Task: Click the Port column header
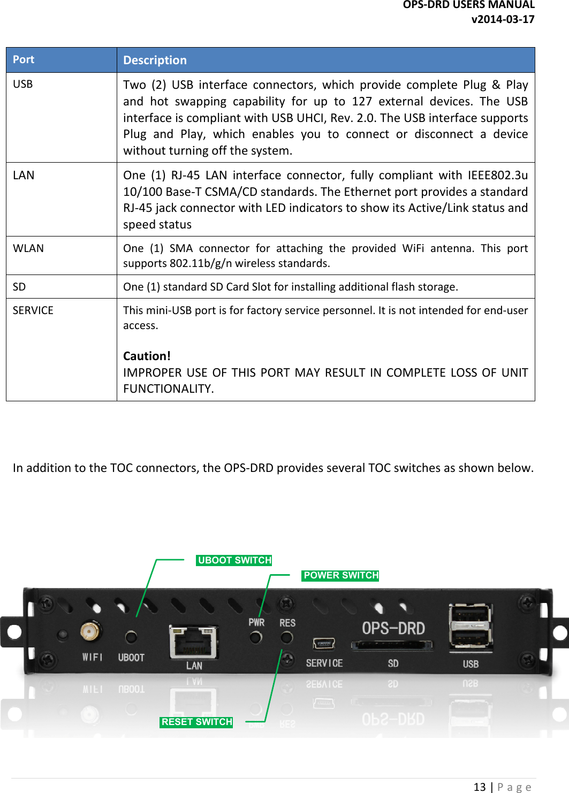24,59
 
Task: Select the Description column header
155,60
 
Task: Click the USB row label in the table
23,84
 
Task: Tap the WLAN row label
28,248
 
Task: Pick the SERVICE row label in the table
33,310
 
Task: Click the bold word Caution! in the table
147,356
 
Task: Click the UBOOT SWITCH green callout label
234,560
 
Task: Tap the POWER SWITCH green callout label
341,575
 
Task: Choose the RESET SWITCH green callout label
196,722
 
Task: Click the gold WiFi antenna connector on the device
90,632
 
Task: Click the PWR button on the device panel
256,637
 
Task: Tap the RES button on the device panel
287,637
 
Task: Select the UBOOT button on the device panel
131,637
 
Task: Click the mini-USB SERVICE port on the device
324,643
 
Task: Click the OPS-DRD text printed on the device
393,628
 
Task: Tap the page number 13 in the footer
480,787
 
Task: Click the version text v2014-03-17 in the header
503,19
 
